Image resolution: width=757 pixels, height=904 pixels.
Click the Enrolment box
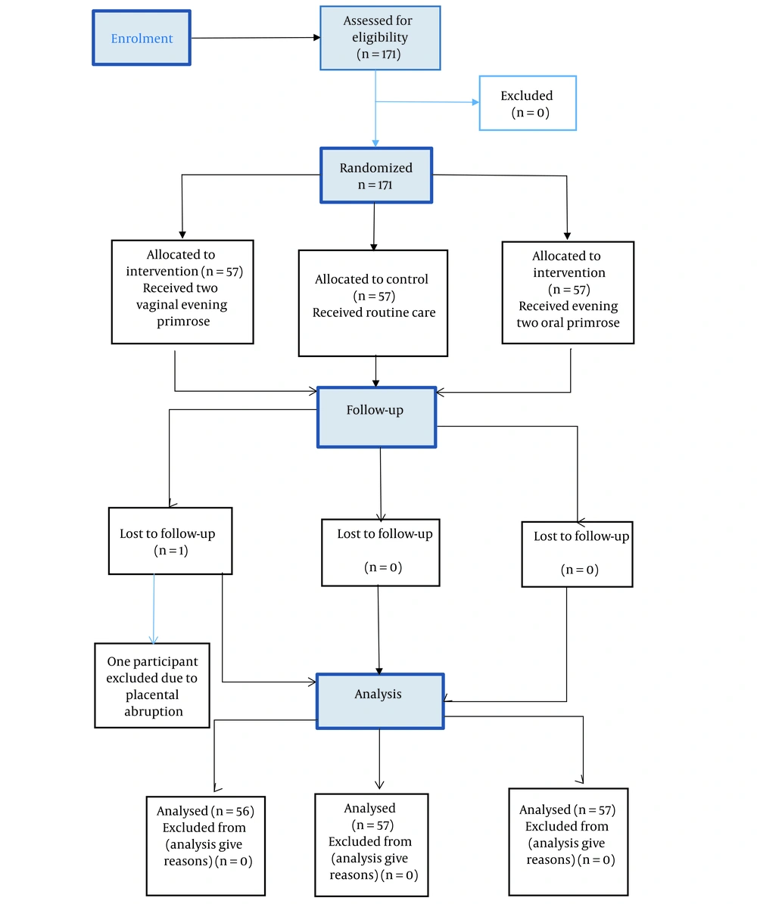pos(142,38)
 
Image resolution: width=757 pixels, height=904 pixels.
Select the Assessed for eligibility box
pos(380,38)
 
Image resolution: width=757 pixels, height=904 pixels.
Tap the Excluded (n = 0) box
pos(528,103)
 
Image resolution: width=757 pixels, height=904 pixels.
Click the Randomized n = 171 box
pos(376,176)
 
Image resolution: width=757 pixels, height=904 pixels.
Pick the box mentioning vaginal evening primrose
pos(182,292)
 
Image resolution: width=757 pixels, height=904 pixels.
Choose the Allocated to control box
pos(372,303)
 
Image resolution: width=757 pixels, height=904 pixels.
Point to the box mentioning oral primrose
pos(568,293)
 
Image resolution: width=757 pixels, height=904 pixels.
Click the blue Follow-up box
pos(376,418)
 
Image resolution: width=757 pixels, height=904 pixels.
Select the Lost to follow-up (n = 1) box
pos(170,541)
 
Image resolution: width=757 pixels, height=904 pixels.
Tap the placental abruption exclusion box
pos(152,685)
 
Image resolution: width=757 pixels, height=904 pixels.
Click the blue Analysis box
pos(380,701)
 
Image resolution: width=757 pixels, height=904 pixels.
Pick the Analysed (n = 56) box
pos(205,846)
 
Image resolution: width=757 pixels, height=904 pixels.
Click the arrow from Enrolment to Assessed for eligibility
pos(256,38)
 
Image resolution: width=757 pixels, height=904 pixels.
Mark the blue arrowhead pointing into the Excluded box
pos(475,103)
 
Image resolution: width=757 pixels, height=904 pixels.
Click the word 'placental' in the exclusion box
pos(152,694)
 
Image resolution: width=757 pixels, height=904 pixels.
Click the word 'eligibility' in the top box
pos(380,38)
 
